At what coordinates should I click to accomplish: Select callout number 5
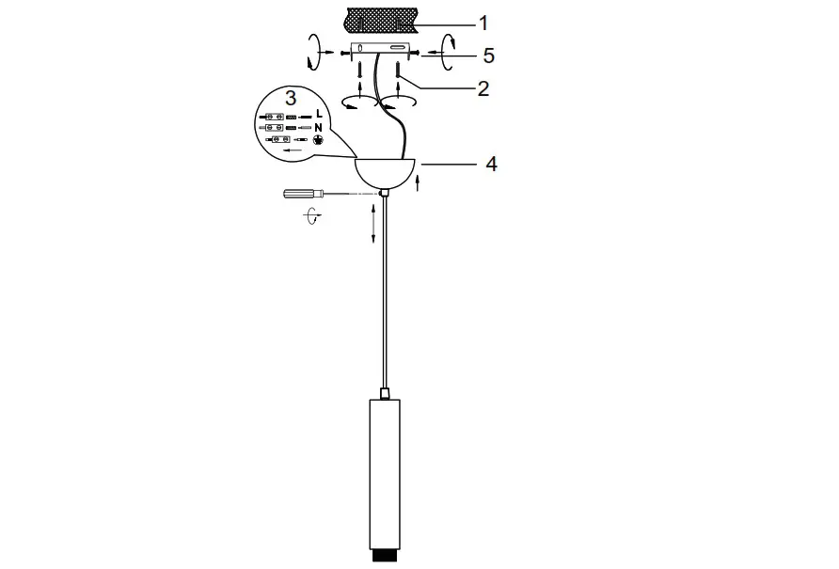[488, 55]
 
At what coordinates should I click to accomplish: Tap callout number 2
[483, 89]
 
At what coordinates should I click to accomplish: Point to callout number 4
[490, 164]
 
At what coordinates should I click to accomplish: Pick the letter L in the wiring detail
[319, 115]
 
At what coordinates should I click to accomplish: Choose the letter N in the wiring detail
[319, 127]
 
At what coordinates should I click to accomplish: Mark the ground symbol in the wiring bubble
[318, 139]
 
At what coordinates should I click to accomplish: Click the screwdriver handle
[300, 194]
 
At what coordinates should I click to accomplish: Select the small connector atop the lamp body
[384, 391]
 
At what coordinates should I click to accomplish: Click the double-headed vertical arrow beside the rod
[374, 223]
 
